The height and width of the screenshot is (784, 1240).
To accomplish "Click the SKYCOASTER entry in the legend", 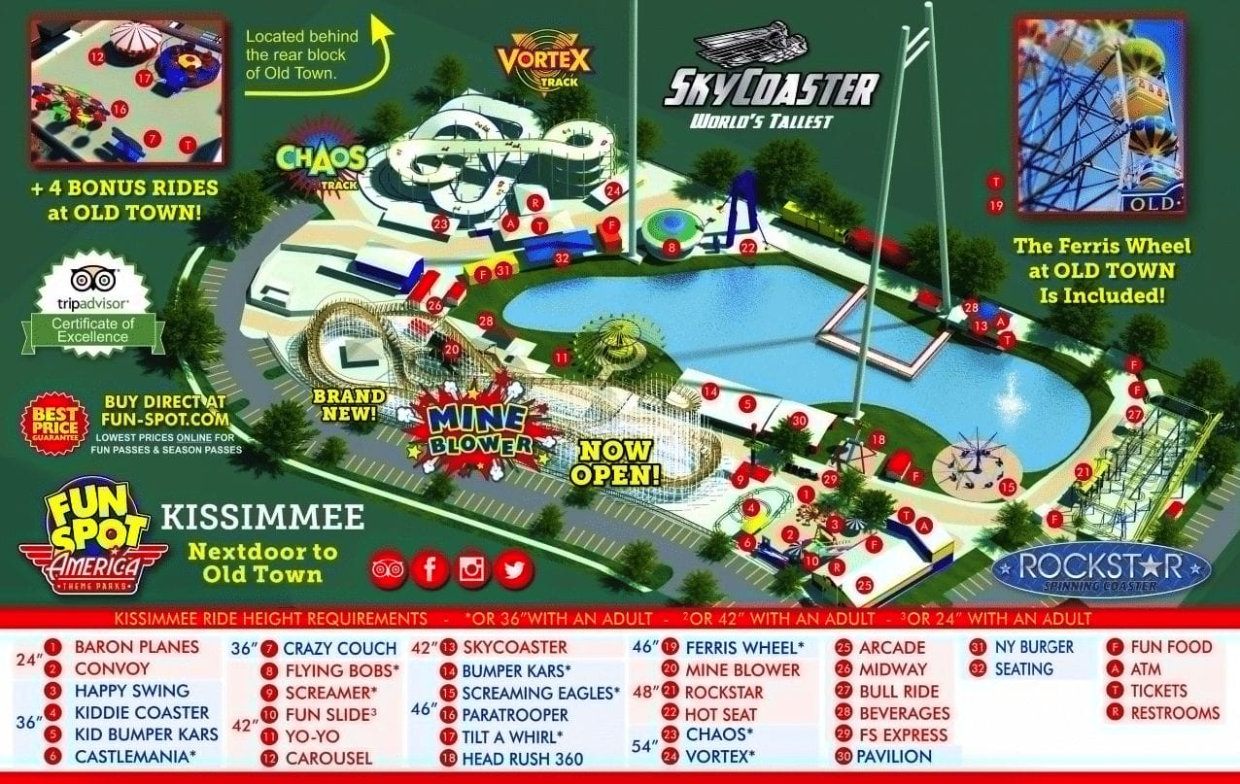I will coord(514,647).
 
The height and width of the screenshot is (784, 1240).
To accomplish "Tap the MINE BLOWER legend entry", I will coord(741,669).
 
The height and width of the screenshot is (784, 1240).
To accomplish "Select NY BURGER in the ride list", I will coord(1034,647).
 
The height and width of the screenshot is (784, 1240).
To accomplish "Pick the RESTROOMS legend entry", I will coord(1174,712).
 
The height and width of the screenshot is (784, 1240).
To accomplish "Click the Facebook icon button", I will coord(430,569).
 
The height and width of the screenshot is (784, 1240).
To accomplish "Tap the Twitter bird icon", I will coord(514,569).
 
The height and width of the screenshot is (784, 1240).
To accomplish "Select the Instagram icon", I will coord(472,569).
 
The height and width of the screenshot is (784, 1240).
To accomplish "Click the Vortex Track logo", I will coord(543,60).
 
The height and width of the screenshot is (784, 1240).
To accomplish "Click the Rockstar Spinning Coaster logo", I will coord(1102,568).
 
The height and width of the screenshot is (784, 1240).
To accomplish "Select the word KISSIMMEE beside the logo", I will coord(262,517).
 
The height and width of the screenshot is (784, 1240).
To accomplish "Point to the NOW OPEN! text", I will coord(615,462).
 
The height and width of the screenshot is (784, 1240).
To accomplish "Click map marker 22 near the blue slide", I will coord(747,248).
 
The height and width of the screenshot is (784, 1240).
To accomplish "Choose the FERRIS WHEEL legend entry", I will coord(744,647).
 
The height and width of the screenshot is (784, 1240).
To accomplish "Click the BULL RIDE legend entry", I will coord(898,691).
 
